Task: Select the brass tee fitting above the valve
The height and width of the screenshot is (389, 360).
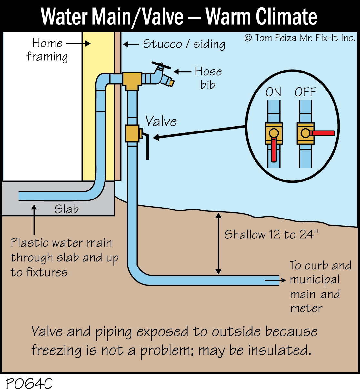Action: (x=132, y=80)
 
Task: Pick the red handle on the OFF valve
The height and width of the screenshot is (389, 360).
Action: (x=322, y=133)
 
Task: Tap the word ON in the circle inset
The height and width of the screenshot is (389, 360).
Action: (x=273, y=92)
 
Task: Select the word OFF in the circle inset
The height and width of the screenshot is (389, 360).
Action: (x=305, y=92)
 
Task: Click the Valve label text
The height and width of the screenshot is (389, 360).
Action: (x=161, y=122)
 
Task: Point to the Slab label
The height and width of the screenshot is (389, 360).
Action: (x=66, y=209)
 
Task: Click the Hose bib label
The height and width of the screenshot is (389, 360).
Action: (x=208, y=78)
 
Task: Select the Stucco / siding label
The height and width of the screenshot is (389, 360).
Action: (x=184, y=44)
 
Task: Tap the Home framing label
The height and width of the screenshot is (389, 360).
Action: (x=47, y=50)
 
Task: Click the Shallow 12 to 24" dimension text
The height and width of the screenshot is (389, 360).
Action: (x=271, y=235)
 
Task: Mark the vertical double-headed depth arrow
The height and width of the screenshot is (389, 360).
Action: (x=218, y=244)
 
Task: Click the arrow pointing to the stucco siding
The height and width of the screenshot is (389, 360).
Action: (x=131, y=44)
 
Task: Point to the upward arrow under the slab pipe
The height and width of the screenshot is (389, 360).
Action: (x=34, y=219)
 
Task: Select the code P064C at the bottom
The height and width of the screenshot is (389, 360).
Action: (x=29, y=383)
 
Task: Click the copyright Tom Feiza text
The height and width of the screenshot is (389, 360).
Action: (x=300, y=38)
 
